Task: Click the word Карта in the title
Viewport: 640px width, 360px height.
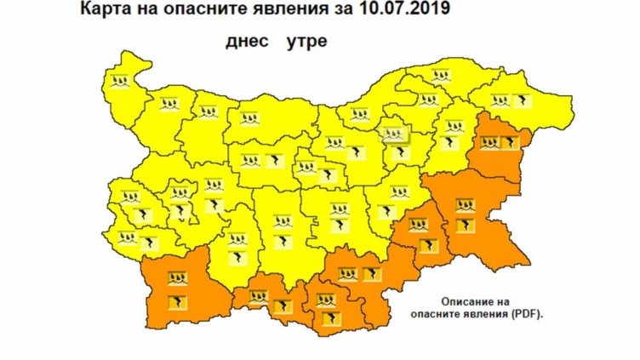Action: [104, 10]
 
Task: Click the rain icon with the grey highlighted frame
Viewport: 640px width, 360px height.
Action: [392, 134]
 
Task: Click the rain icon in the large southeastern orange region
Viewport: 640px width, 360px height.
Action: [465, 205]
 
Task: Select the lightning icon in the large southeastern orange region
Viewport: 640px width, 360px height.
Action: [465, 225]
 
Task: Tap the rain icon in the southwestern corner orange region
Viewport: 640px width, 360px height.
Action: [177, 278]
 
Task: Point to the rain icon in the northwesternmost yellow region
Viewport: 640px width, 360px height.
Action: [128, 82]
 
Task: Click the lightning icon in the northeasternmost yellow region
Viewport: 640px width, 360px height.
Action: [521, 102]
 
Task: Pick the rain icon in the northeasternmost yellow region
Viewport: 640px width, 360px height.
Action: [501, 102]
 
